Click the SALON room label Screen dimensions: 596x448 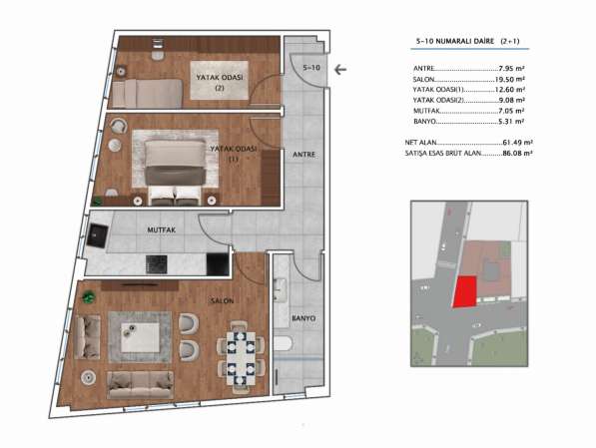[x=223, y=301]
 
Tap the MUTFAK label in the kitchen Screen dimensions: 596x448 [x=162, y=229]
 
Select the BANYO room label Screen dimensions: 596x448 [x=303, y=318]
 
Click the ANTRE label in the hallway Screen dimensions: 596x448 [x=303, y=155]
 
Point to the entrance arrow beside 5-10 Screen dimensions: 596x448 [x=340, y=69]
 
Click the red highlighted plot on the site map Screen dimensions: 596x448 [x=464, y=291]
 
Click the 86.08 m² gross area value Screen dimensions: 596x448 [x=516, y=153]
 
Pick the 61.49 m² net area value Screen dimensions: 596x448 [x=516, y=143]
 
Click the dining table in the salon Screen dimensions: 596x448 [x=241, y=358]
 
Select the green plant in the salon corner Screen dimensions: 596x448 [x=88, y=296]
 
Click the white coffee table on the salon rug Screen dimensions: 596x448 [x=140, y=337]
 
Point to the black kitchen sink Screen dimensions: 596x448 [x=97, y=235]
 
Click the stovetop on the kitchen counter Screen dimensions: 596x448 [x=157, y=264]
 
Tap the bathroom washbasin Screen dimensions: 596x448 [x=281, y=290]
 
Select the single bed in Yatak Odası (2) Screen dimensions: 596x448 [x=148, y=94]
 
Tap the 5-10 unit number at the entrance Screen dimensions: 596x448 [x=311, y=68]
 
